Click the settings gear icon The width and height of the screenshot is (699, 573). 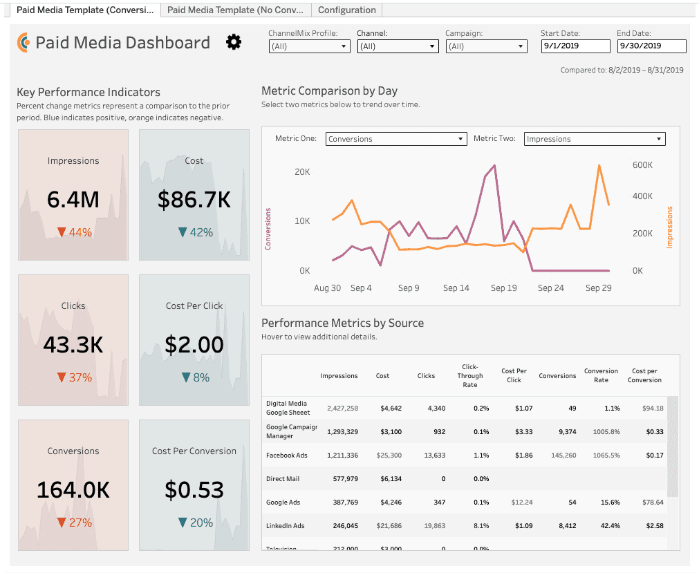tap(234, 42)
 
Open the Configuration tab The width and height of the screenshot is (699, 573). tap(347, 10)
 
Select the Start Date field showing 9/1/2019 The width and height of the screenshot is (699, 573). tap(575, 46)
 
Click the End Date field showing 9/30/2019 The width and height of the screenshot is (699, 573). tap(652, 46)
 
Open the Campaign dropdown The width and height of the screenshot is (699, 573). tap(486, 46)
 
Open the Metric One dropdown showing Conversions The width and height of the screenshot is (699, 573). tap(396, 139)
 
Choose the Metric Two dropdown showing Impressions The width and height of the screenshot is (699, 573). tap(595, 139)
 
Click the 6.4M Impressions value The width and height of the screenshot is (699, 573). tap(73, 199)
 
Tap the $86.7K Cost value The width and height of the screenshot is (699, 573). tap(194, 199)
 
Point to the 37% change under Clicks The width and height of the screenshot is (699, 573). tap(75, 377)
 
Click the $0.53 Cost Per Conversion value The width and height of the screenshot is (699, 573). tap(194, 489)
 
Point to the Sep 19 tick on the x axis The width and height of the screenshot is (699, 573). tap(504, 288)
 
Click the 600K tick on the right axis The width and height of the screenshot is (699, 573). tap(642, 165)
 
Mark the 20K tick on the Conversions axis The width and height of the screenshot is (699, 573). tap(302, 172)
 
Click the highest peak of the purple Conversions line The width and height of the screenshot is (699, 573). tap(494, 165)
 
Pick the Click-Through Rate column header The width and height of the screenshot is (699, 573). tap(470, 375)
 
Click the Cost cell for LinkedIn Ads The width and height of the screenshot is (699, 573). tap(389, 526)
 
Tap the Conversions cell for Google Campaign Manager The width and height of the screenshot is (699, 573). tap(567, 432)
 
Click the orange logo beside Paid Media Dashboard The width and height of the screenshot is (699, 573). tap(24, 42)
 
